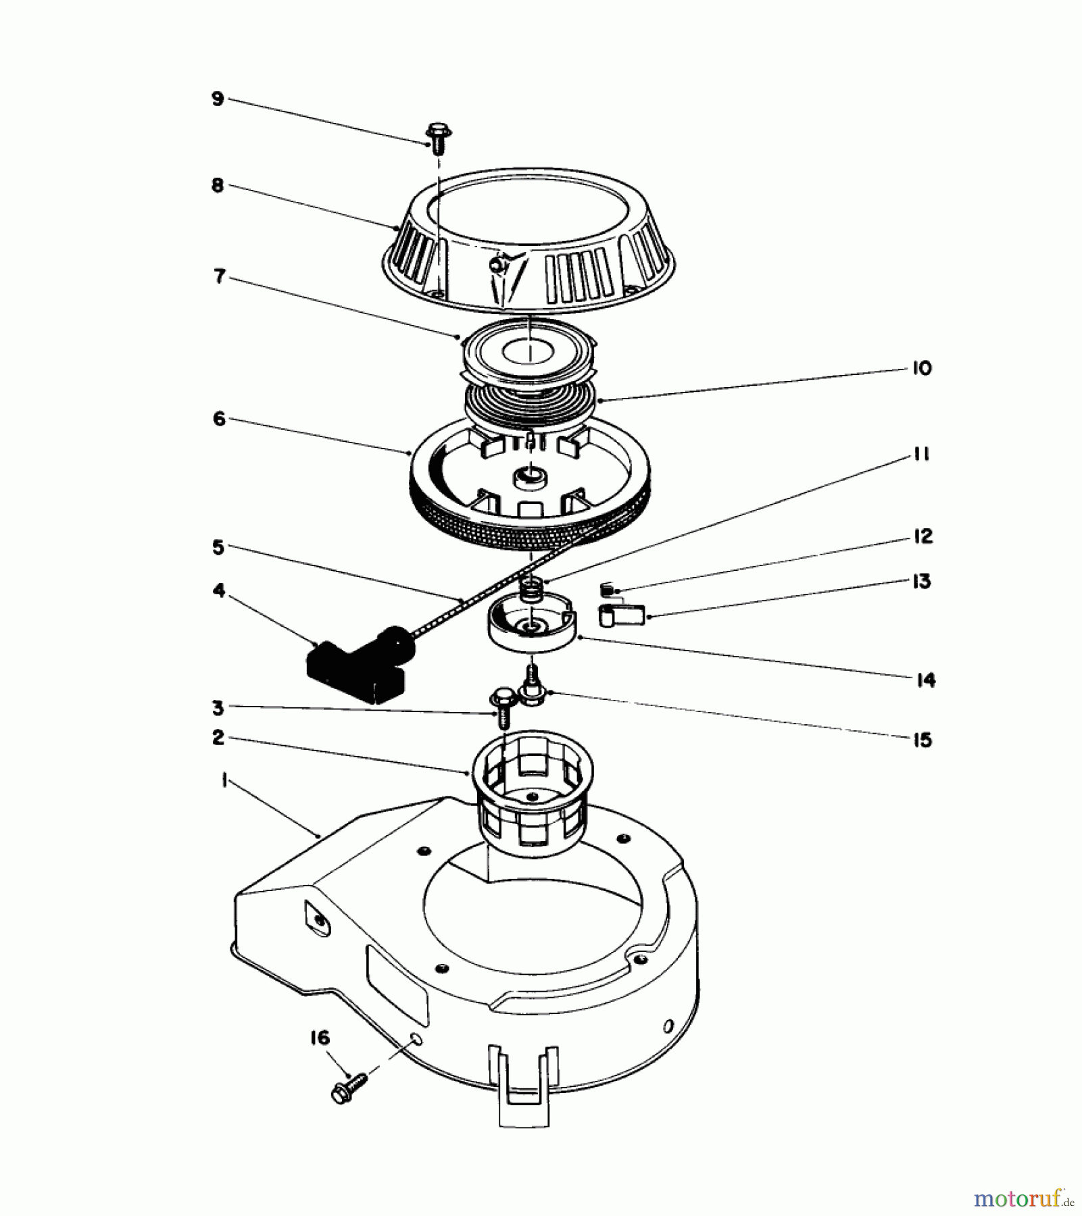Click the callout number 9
point(217,99)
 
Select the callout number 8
point(218,185)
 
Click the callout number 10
point(922,368)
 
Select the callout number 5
point(218,547)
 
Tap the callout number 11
point(922,455)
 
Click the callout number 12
point(922,536)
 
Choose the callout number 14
point(925,680)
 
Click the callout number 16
point(320,1037)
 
